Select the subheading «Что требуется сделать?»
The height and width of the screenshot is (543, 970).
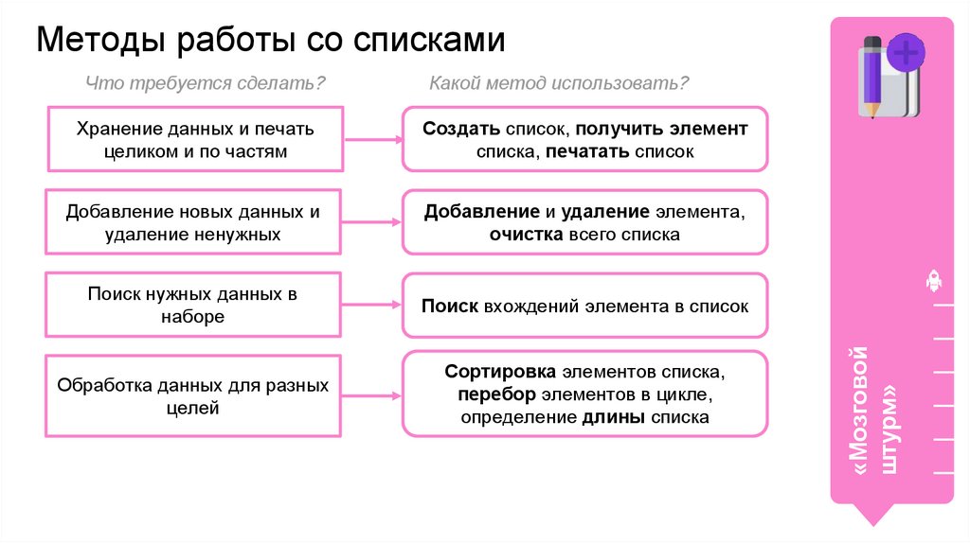tap(206, 84)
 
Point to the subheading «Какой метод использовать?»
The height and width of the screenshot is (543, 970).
tap(559, 84)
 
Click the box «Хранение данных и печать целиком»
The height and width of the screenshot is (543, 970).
tap(195, 139)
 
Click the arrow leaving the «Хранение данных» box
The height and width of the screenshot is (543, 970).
tap(371, 140)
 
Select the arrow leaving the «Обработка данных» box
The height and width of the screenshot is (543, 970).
tap(371, 394)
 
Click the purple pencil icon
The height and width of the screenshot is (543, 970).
tap(871, 77)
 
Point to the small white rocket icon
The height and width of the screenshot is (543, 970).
tap(932, 281)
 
